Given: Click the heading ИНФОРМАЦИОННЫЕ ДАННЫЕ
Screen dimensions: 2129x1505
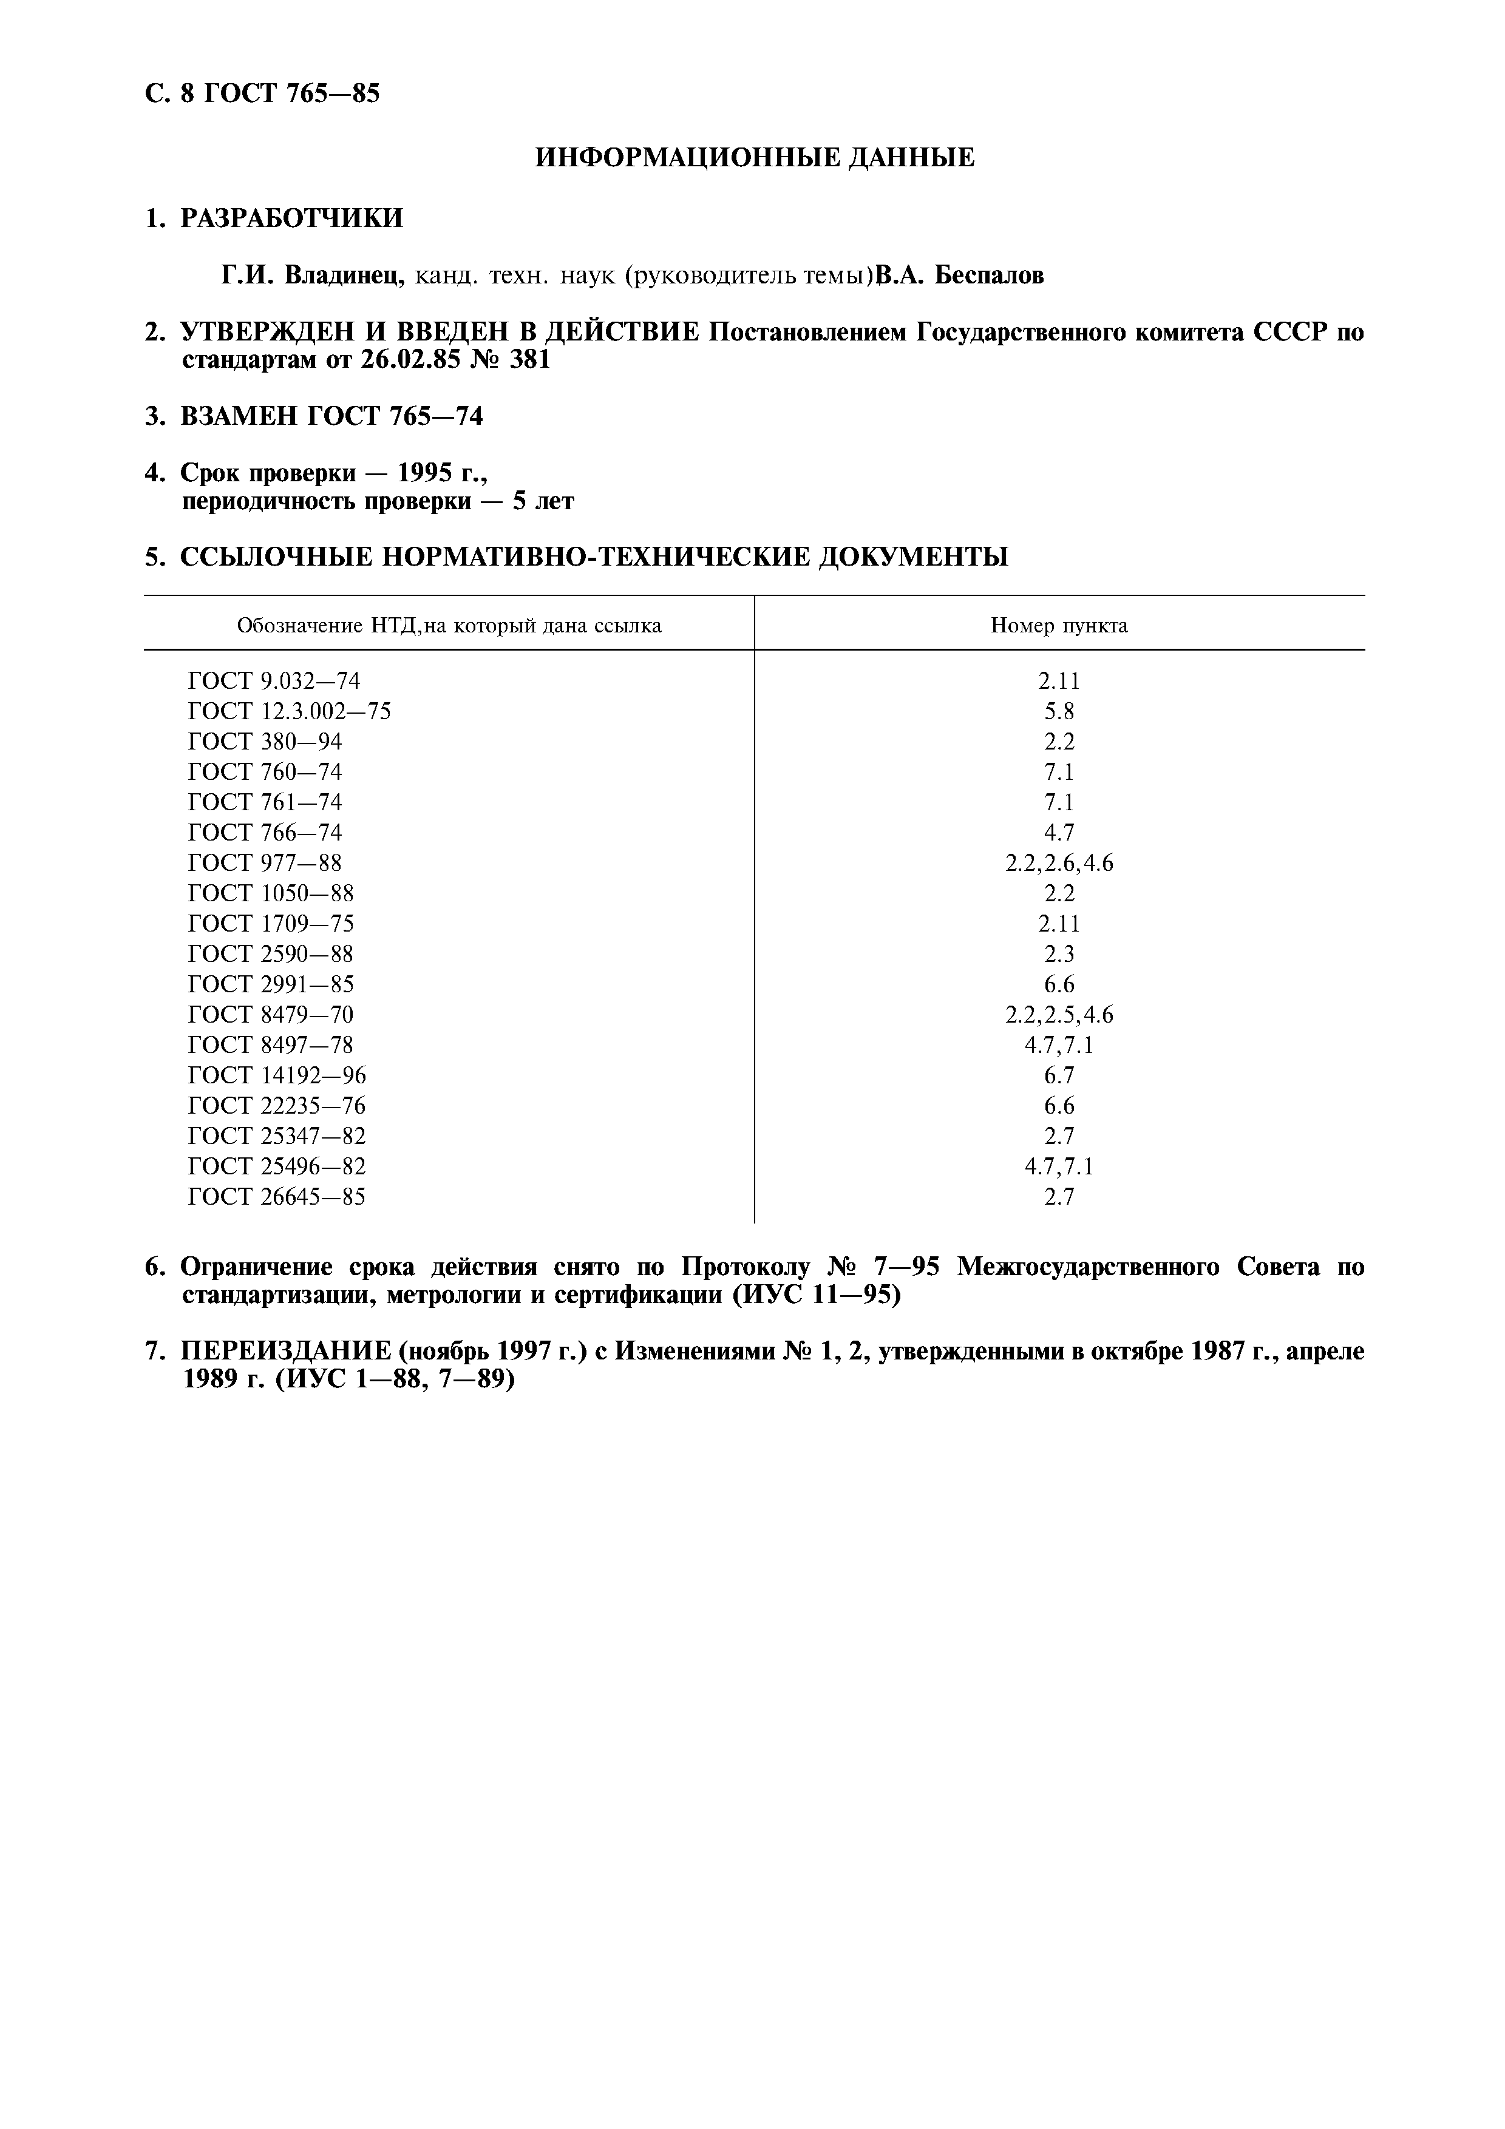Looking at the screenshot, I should pos(755,158).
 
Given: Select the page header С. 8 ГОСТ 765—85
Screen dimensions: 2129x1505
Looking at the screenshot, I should pos(262,93).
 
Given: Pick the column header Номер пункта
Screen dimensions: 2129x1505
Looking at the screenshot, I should pos(1059,626).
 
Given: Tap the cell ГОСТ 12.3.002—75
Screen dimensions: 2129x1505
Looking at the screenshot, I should pos(290,711).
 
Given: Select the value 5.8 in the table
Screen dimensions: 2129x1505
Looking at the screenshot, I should pos(1059,711).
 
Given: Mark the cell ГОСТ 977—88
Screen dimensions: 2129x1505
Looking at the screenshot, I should pos(264,863).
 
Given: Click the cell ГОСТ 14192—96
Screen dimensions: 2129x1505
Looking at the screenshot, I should pos(276,1075).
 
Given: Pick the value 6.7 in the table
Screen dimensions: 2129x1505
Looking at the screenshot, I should pos(1059,1075).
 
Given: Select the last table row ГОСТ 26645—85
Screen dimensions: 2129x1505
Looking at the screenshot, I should pos(276,1197).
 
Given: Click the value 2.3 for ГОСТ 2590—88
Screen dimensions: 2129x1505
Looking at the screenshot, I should pos(1059,954).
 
